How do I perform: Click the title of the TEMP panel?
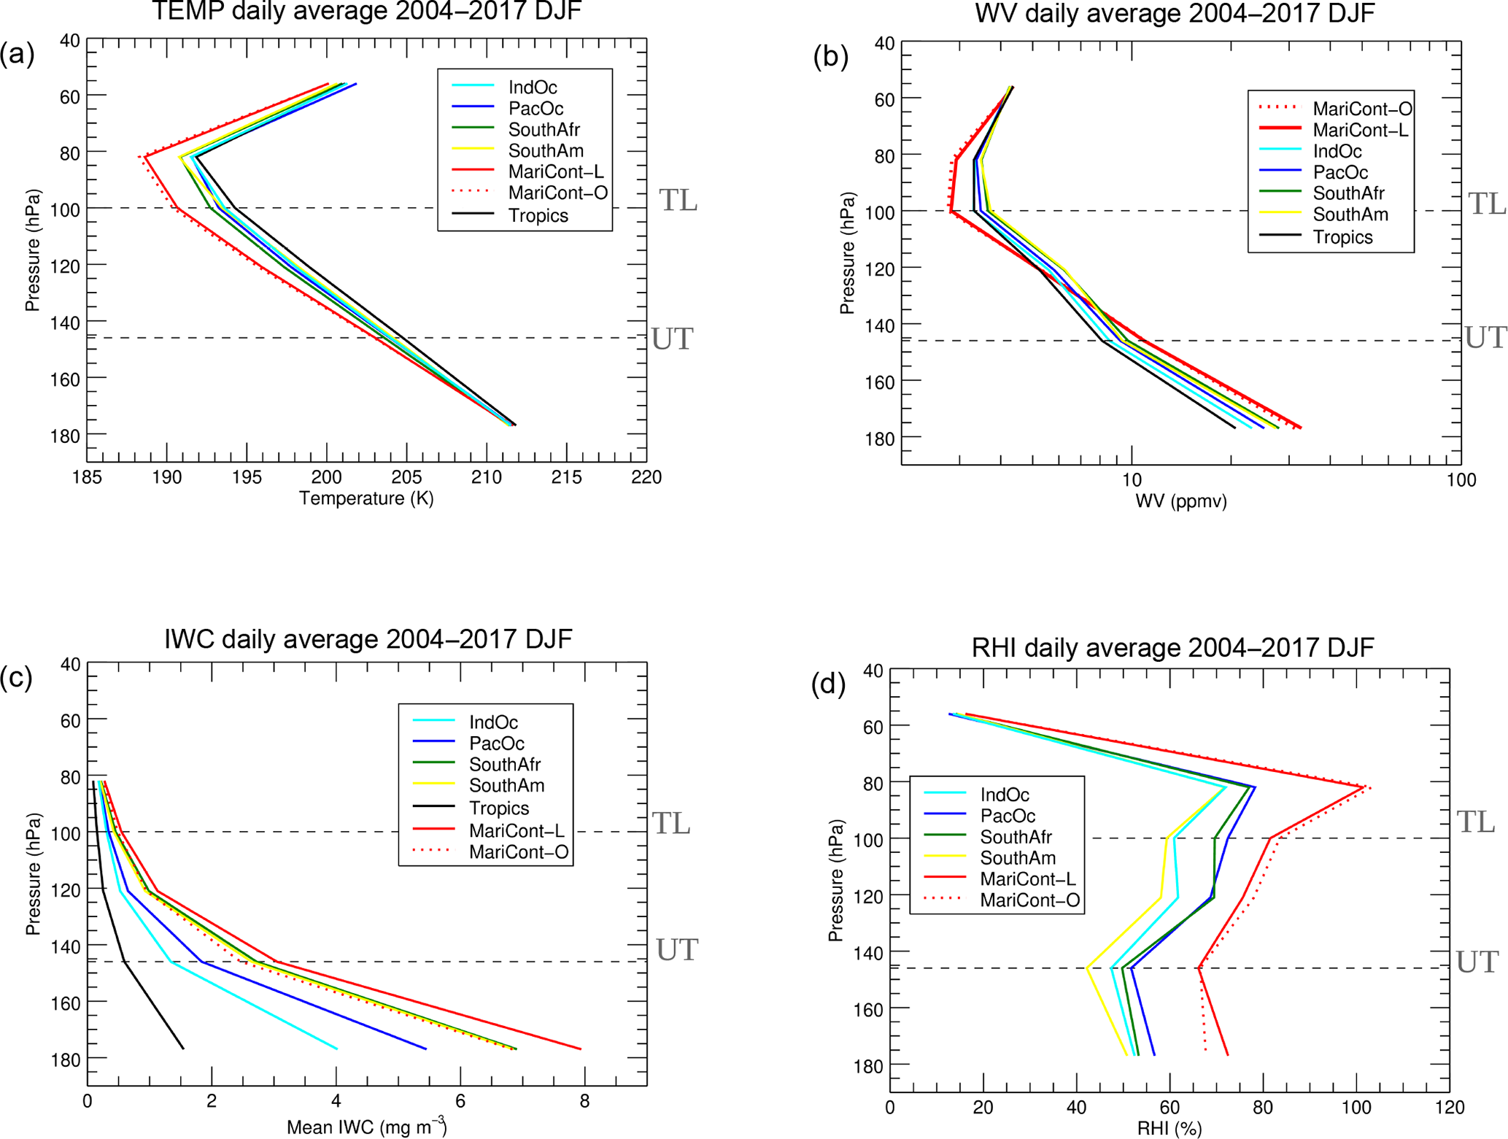click(x=366, y=12)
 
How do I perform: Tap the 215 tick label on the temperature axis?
click(x=566, y=477)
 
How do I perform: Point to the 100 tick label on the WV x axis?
click(x=1461, y=480)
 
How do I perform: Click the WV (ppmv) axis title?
click(x=1181, y=501)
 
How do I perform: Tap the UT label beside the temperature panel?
click(x=672, y=339)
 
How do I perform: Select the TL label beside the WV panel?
click(x=1487, y=204)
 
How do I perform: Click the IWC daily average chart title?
click(x=368, y=638)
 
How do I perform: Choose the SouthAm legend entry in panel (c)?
click(x=506, y=786)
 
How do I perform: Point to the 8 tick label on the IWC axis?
click(x=584, y=1101)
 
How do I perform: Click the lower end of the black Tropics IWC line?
click(x=183, y=1049)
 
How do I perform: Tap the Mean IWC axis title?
click(x=366, y=1127)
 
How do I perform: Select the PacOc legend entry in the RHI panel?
click(x=1008, y=816)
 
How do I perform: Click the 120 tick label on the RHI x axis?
click(x=1449, y=1108)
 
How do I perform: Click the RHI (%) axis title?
click(x=1169, y=1130)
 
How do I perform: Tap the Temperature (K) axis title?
click(x=366, y=498)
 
